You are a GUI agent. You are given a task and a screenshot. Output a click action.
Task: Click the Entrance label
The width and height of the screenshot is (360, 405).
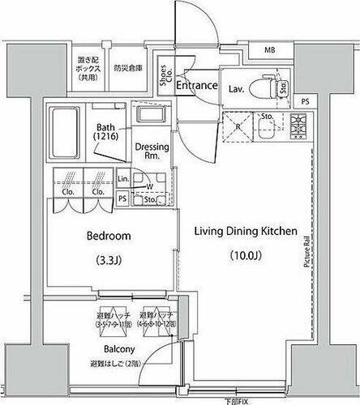(x=196, y=85)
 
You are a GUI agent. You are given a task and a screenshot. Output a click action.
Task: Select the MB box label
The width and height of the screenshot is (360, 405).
(x=268, y=50)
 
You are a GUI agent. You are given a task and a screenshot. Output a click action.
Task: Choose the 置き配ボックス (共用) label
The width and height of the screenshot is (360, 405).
(x=88, y=68)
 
